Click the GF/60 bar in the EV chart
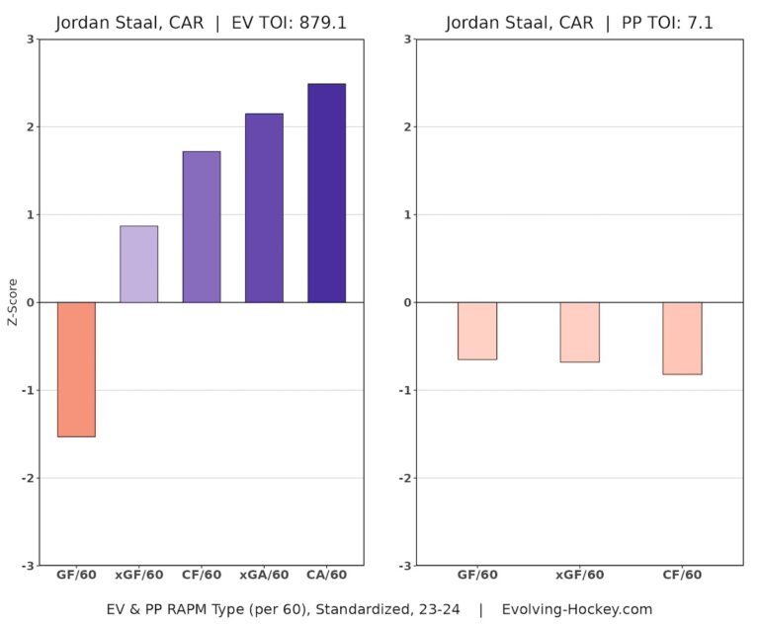76,369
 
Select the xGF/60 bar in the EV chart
138,264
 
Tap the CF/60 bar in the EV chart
202,226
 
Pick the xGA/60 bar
264,207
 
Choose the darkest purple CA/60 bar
326,193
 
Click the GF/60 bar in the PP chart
477,331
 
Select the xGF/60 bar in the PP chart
579,332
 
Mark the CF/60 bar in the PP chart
682,338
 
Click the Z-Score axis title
13,302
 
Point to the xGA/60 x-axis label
264,576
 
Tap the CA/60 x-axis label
326,576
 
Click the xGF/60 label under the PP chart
579,576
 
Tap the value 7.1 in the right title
698,22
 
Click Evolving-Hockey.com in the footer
577,608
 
